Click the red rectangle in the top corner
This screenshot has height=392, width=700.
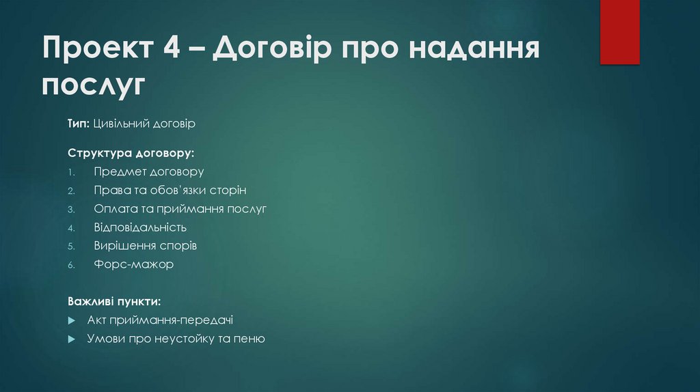pyautogui.click(x=619, y=32)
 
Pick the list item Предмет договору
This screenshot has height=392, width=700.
pyautogui.click(x=149, y=172)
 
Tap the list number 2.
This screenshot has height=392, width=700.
pyautogui.click(x=70, y=191)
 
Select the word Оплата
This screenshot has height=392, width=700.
pyautogui.click(x=115, y=208)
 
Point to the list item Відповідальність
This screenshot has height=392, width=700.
pyautogui.click(x=140, y=227)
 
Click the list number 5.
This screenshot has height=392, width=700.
pyautogui.click(x=70, y=246)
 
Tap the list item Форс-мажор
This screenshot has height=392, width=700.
pyautogui.click(x=133, y=264)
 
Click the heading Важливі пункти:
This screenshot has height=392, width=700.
pyautogui.click(x=114, y=301)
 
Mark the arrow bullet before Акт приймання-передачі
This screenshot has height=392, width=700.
pyautogui.click(x=72, y=320)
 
